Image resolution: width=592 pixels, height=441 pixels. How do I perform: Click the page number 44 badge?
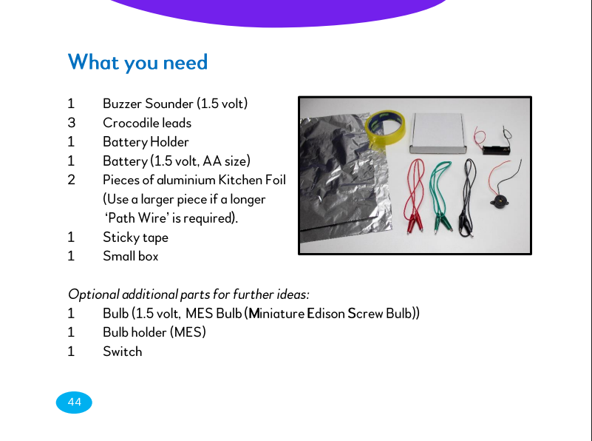pos(74,402)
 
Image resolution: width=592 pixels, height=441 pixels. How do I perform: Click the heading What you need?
pos(137,62)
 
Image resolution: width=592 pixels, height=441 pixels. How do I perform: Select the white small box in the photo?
pos(438,133)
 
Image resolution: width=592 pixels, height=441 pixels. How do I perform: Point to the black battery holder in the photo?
pos(496,150)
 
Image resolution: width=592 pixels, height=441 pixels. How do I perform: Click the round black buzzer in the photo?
pos(499,201)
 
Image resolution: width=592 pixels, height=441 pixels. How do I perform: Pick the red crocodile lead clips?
pos(415,224)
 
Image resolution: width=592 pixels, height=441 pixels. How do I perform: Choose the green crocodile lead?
pos(440,196)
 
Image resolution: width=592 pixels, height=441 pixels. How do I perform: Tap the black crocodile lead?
pos(467,198)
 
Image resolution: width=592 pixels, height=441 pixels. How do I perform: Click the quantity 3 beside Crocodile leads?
pos(72,123)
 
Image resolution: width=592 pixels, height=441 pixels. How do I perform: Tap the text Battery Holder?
pos(146,142)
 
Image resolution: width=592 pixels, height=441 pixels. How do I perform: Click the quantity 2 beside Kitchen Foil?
pos(72,180)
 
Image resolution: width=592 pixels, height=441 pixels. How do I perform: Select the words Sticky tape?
pos(135,238)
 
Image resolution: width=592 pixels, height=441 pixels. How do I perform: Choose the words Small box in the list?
pos(131,256)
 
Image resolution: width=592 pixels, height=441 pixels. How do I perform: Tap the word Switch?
pos(123,351)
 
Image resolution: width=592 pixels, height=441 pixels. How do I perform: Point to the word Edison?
pos(325,313)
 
